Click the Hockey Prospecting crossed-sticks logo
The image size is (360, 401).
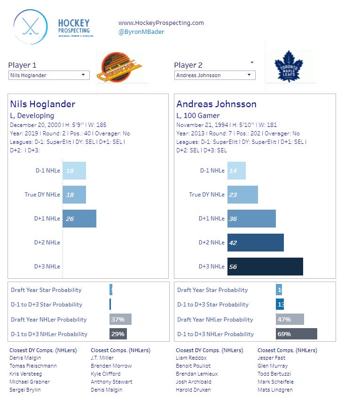click(31, 27)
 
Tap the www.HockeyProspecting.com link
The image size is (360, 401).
click(161, 23)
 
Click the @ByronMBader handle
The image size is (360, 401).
click(141, 32)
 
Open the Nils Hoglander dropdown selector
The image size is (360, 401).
click(49, 75)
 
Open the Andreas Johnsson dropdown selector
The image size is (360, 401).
click(215, 75)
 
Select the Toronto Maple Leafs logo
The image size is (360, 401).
click(288, 67)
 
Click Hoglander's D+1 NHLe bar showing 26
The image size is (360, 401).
click(79, 219)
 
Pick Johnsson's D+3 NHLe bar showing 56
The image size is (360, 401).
click(265, 267)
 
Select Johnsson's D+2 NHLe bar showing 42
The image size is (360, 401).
click(256, 243)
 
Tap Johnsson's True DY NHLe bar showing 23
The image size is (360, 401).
click(243, 195)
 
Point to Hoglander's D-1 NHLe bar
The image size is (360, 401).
click(74, 171)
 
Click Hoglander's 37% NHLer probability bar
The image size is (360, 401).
click(120, 320)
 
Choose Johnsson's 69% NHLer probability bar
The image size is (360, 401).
click(296, 334)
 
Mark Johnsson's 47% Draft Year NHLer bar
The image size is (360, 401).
click(290, 320)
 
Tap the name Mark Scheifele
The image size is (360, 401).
click(275, 382)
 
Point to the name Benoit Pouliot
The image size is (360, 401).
click(193, 366)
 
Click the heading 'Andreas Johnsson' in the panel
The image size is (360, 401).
click(216, 104)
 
